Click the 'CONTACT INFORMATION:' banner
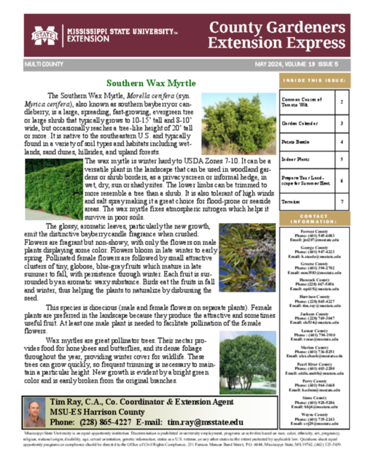tap(314, 219)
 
